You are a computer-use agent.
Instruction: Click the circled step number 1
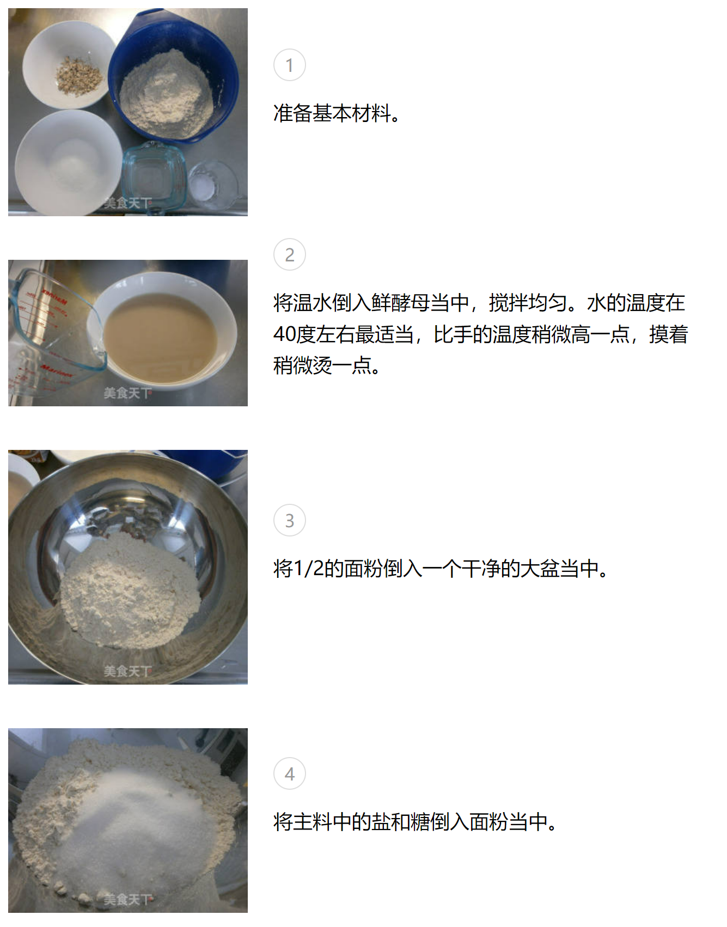tap(289, 65)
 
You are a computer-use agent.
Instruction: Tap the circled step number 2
tap(289, 254)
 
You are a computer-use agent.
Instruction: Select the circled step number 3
tap(289, 520)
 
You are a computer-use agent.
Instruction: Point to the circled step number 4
tap(289, 773)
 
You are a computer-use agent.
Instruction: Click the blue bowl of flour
tap(173, 76)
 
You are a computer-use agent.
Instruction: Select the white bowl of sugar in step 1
tap(68, 162)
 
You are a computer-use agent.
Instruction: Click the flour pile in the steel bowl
tap(130, 591)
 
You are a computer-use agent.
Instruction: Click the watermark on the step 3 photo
tap(127, 671)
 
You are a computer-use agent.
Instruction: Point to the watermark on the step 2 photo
tap(127, 393)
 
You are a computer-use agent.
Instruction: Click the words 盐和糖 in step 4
tap(400, 822)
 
